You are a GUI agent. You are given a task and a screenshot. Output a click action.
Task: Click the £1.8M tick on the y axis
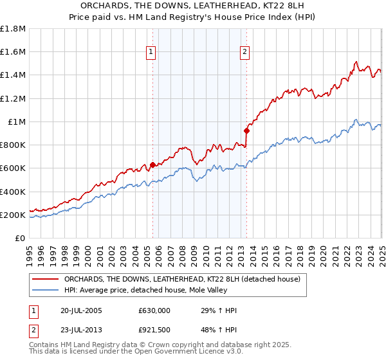pyautogui.click(x=13, y=29)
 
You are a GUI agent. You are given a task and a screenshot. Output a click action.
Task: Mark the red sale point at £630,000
pyautogui.click(x=152, y=165)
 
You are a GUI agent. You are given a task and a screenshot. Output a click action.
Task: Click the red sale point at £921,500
pyautogui.click(x=246, y=130)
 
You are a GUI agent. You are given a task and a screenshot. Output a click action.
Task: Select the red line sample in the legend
pyautogui.click(x=45, y=279)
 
